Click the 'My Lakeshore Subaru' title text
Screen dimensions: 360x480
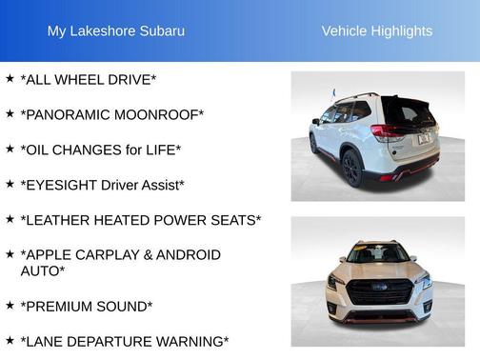click(x=116, y=31)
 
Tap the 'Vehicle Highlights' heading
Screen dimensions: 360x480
click(x=377, y=31)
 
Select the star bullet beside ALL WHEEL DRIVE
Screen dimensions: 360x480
click(x=10, y=78)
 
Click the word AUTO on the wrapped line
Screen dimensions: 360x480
click(x=41, y=271)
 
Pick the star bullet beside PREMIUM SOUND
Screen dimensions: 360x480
click(x=10, y=306)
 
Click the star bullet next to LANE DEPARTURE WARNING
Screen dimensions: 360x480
click(x=10, y=340)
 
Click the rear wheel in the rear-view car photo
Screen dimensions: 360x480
click(x=350, y=168)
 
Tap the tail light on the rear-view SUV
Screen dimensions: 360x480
click(x=389, y=133)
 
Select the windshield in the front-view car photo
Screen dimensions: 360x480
click(x=377, y=255)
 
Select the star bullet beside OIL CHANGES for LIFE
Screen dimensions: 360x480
click(x=10, y=149)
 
